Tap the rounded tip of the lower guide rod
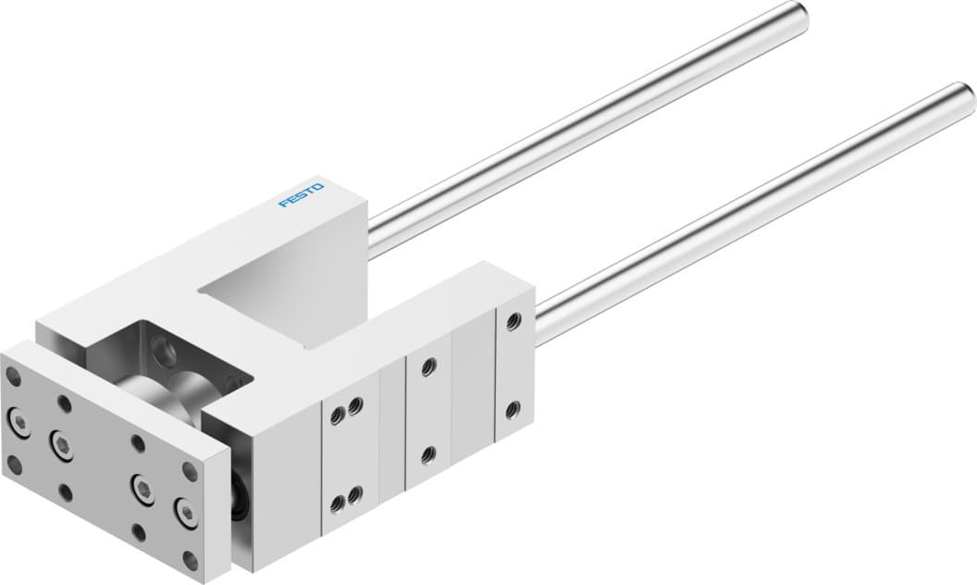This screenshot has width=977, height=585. coord(962,95)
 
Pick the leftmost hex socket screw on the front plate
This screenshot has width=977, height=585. coord(19,422)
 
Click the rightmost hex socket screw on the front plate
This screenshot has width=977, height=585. coord(186,512)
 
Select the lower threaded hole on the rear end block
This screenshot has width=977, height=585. coord(512,407)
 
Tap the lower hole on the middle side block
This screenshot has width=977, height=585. coord(427,454)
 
